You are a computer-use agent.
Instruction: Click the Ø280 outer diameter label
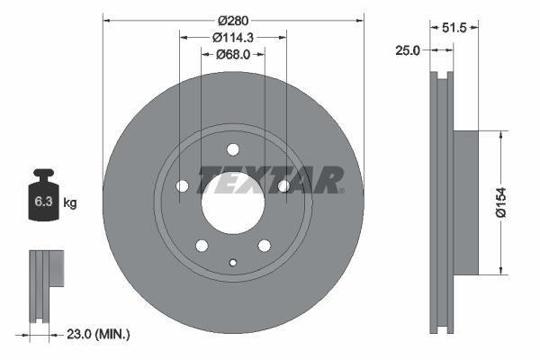(x=233, y=21)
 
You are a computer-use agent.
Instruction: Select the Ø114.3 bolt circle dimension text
(x=233, y=38)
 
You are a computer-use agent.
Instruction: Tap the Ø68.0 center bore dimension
(x=233, y=54)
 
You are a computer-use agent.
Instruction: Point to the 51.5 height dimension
(x=454, y=28)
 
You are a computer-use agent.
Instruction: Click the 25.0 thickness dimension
(x=408, y=50)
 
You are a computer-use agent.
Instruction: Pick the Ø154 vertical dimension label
(x=501, y=202)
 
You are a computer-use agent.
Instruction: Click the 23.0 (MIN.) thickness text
(x=98, y=334)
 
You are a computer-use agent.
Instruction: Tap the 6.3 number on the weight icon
(x=43, y=202)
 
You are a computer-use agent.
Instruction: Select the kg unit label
(x=70, y=202)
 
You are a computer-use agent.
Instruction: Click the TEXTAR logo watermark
(x=270, y=180)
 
